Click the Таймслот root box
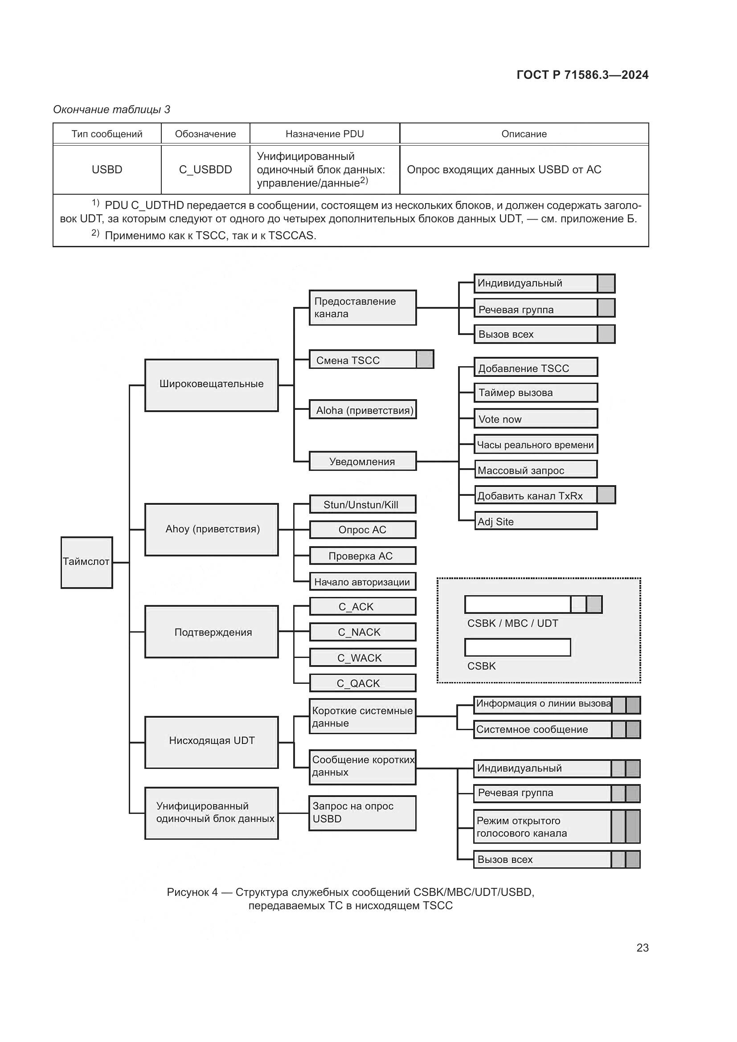click(87, 562)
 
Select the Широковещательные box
click(212, 385)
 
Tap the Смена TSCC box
click(363, 360)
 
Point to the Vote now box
click(536, 418)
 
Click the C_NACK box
click(363, 632)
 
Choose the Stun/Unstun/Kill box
click(363, 504)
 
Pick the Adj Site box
click(536, 521)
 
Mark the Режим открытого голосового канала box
click(542, 827)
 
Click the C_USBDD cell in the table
click(205, 170)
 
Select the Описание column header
click(524, 134)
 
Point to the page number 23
click(642, 948)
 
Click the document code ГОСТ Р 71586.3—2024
click(582, 75)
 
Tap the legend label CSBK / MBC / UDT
click(512, 623)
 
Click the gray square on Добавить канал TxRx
click(606, 495)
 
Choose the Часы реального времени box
click(536, 444)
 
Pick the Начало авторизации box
click(363, 581)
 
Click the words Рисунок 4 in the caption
click(192, 892)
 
